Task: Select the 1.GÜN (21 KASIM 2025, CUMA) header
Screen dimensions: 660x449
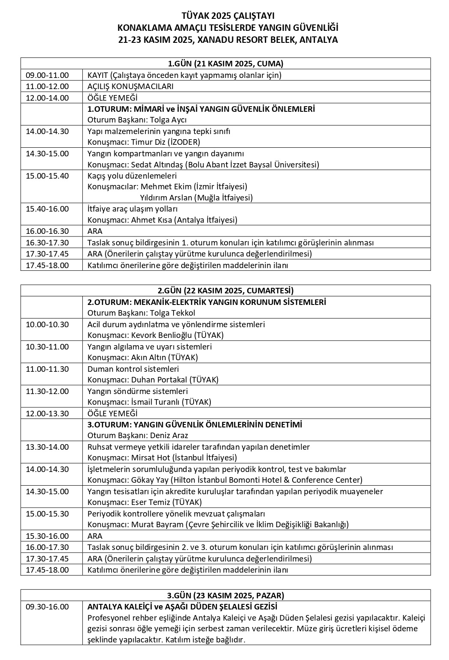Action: click(x=225, y=64)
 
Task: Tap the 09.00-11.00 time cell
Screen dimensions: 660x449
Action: click(x=47, y=75)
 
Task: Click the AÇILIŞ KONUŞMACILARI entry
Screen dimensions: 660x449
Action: click(x=130, y=87)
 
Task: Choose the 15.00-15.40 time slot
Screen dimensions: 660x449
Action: click(x=47, y=176)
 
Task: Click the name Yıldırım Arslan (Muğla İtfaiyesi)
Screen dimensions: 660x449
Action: click(x=196, y=198)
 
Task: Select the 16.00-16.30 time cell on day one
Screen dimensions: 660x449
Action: click(x=47, y=231)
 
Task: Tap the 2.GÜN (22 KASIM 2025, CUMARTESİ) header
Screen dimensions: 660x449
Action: click(x=225, y=291)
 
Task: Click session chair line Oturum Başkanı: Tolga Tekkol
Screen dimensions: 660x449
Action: click(x=141, y=313)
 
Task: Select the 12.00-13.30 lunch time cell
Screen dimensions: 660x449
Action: click(x=47, y=414)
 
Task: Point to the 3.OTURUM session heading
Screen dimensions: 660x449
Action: click(x=195, y=425)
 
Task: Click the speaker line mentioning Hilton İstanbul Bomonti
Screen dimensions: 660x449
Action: click(x=224, y=480)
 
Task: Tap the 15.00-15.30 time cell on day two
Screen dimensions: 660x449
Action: click(x=47, y=514)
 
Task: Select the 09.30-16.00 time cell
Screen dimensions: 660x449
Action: click(x=47, y=607)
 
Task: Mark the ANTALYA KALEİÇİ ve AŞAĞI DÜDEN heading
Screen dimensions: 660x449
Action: click(x=182, y=607)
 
